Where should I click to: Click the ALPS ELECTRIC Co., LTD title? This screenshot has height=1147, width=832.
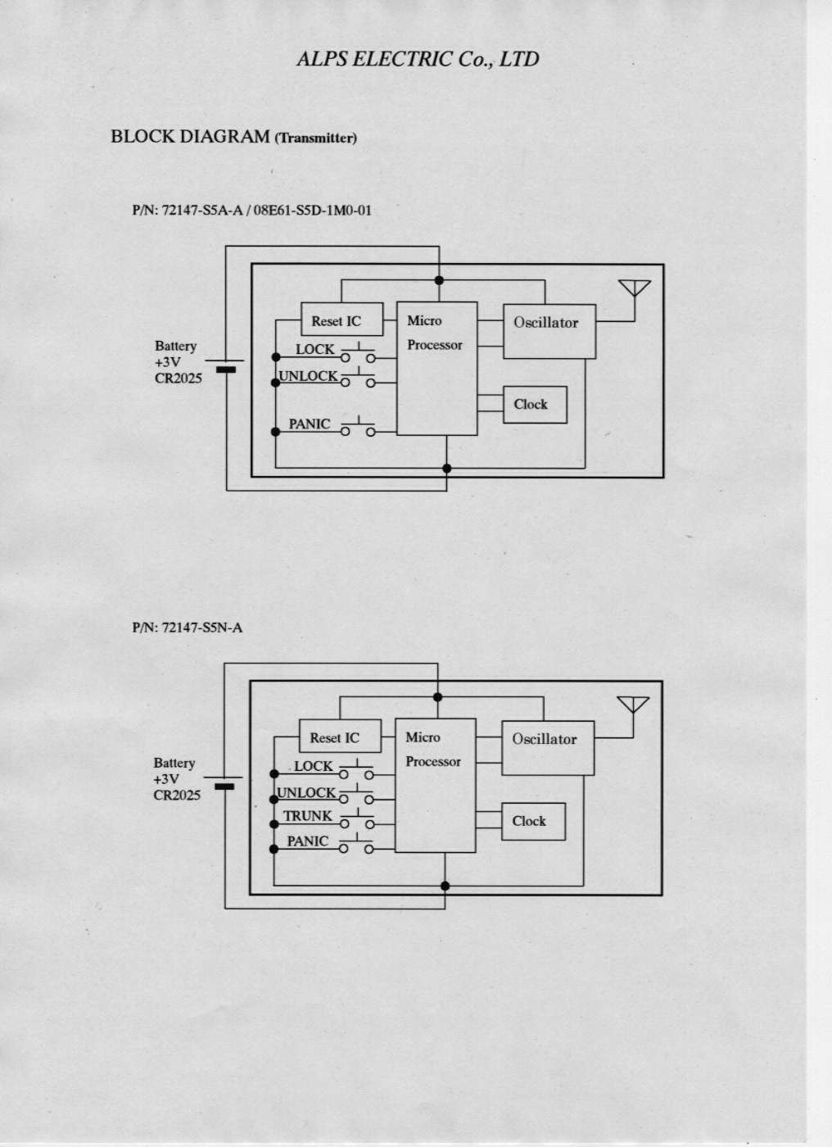click(x=418, y=59)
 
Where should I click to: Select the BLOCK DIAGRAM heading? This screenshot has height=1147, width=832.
click(x=190, y=136)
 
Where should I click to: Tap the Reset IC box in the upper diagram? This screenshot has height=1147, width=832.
click(x=341, y=320)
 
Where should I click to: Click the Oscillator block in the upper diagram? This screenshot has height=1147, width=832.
click(x=549, y=330)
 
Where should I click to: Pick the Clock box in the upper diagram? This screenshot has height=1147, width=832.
click(x=534, y=405)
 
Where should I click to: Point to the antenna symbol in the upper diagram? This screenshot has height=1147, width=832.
click(x=635, y=289)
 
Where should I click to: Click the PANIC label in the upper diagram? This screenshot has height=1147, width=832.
click(x=309, y=424)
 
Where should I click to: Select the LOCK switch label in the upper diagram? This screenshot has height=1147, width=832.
click(x=314, y=349)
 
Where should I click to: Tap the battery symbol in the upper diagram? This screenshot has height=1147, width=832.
click(x=225, y=365)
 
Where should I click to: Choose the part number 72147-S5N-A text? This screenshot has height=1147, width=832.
click(x=187, y=628)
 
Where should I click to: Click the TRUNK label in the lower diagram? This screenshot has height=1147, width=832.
click(x=307, y=816)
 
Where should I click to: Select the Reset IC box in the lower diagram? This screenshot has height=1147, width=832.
click(x=340, y=737)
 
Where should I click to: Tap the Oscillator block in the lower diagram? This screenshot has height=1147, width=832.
click(x=547, y=747)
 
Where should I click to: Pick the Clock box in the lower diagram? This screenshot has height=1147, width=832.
click(x=532, y=822)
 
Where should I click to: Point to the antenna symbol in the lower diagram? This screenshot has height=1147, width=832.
click(x=633, y=705)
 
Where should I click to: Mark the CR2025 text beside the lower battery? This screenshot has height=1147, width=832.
click(x=176, y=796)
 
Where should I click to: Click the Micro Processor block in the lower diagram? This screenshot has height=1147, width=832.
click(x=435, y=785)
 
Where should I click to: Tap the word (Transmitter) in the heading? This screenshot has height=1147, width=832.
click(x=316, y=138)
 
